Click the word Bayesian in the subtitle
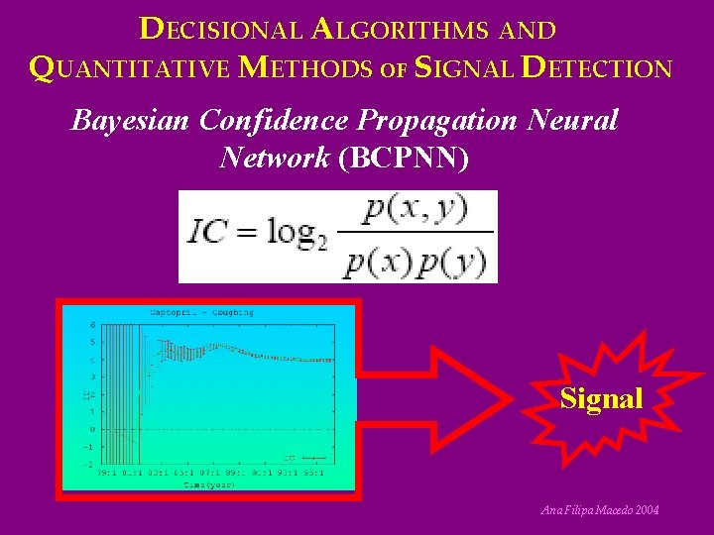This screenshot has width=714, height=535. pyautogui.click(x=131, y=121)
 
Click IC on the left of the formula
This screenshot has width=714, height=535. pyautogui.click(x=208, y=235)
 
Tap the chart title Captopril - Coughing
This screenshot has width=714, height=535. pyautogui.click(x=201, y=313)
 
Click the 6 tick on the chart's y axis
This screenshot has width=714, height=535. pyautogui.click(x=93, y=324)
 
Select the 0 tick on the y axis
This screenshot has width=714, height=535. pyautogui.click(x=93, y=429)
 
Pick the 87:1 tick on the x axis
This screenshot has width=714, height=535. pyautogui.click(x=225, y=472)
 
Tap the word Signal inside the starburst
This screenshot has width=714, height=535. pyautogui.click(x=601, y=399)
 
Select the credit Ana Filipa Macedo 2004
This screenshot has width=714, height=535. pyautogui.click(x=598, y=510)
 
